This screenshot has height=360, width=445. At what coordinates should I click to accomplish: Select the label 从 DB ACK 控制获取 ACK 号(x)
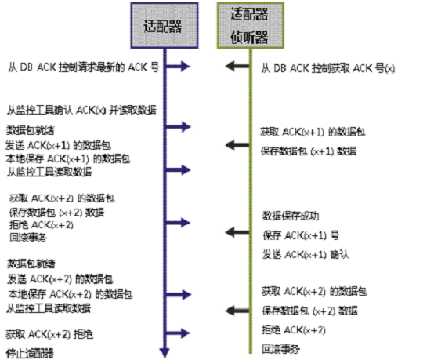328,69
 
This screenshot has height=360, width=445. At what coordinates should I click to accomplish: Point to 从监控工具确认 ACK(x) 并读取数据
79,110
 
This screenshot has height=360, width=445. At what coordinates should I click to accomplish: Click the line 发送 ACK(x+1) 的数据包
62,145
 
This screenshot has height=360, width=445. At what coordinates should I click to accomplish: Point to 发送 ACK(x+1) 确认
305,254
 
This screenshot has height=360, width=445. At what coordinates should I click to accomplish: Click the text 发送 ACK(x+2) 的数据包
62,278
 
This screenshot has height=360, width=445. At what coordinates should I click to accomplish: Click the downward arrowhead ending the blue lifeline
163,351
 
